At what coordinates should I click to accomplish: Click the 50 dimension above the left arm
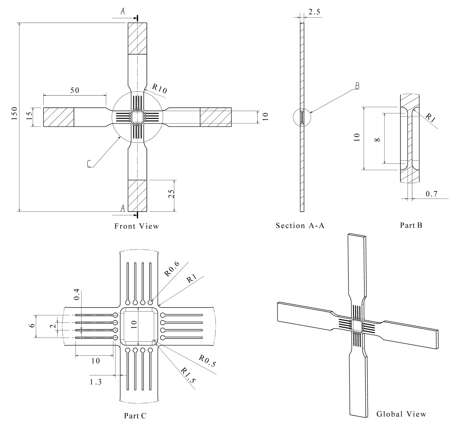(75, 90)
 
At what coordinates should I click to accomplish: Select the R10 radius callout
(160, 89)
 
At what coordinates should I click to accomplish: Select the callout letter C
(89, 164)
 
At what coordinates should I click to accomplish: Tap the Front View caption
(136, 226)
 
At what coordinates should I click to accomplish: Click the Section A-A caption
(300, 225)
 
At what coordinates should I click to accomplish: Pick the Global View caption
(401, 414)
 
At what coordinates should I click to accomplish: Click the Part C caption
(135, 416)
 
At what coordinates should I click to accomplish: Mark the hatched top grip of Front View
(137, 39)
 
